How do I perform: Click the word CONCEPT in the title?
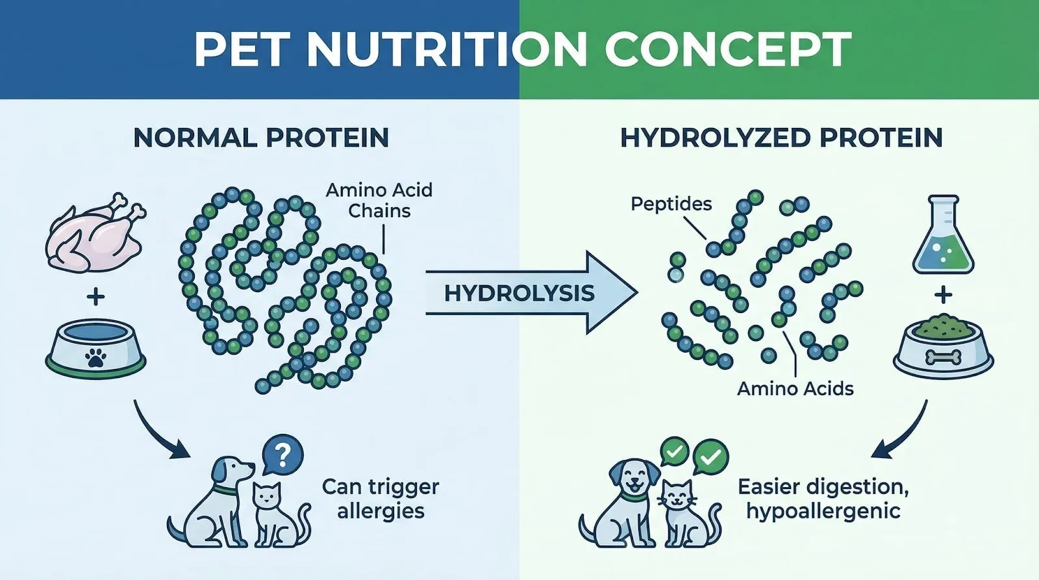click(x=728, y=49)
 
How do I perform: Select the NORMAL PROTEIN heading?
click(x=261, y=138)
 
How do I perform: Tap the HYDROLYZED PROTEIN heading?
click(x=782, y=138)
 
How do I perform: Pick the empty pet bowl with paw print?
click(x=95, y=348)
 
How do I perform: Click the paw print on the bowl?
click(x=95, y=359)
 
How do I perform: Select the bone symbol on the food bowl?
click(x=943, y=357)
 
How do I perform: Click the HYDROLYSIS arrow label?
click(x=519, y=294)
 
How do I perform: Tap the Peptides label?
click(x=671, y=204)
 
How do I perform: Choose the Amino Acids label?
click(x=795, y=388)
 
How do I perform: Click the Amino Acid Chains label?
click(x=379, y=201)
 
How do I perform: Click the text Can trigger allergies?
click(x=381, y=499)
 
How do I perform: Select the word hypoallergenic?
click(x=823, y=511)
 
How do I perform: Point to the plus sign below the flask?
click(x=943, y=296)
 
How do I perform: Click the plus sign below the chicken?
click(x=95, y=297)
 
